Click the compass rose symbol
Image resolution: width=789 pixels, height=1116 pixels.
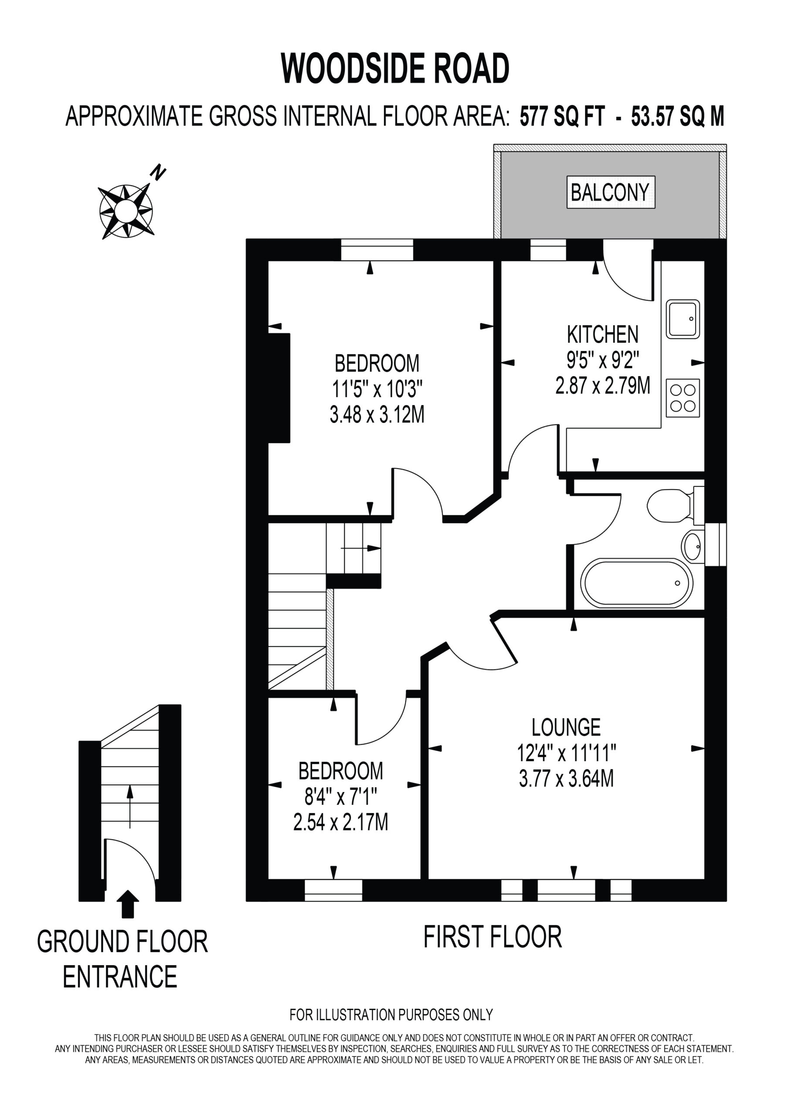click(x=126, y=211)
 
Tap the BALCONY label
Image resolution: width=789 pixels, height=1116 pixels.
click(x=610, y=193)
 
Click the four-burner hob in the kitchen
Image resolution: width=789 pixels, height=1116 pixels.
click(x=683, y=398)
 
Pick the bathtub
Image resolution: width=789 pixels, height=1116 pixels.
click(x=637, y=583)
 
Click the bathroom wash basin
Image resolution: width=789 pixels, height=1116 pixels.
click(x=692, y=547)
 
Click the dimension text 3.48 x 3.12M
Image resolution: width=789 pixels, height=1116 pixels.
click(x=377, y=415)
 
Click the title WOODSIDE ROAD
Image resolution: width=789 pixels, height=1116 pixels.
click(x=395, y=68)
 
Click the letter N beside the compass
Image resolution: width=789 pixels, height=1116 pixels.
click(x=159, y=173)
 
